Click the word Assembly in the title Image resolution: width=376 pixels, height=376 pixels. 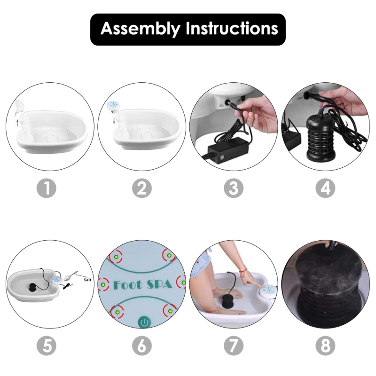[140, 29]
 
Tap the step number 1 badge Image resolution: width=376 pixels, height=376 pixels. [46, 188]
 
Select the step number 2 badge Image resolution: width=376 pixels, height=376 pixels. [142, 188]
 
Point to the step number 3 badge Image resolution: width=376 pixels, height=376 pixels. [234, 188]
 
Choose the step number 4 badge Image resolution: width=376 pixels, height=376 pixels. [325, 188]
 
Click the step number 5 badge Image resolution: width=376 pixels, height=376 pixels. [46, 346]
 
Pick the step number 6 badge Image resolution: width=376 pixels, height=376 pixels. [142, 346]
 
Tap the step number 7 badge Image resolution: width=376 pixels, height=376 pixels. [234, 346]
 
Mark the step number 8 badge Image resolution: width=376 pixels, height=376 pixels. [325, 346]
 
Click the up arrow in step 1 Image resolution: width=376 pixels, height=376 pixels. [17, 123]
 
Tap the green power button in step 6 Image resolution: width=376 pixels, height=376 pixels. [144, 322]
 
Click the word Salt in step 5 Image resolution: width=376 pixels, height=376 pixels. [87, 280]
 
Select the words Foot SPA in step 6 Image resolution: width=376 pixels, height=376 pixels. [143, 284]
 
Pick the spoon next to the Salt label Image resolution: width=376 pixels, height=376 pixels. [71, 275]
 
